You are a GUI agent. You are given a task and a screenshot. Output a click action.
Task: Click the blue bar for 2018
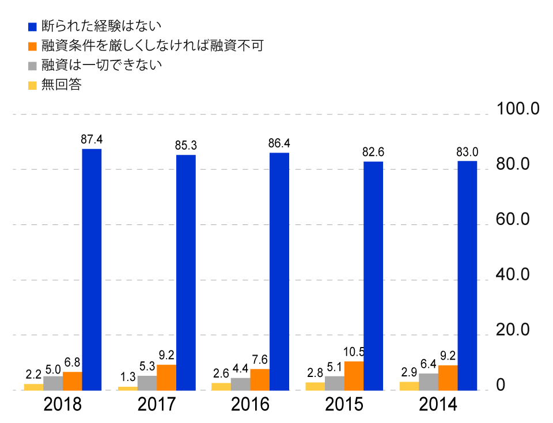pyautogui.click(x=92, y=269)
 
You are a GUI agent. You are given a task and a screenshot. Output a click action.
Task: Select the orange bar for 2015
pyautogui.click(x=354, y=376)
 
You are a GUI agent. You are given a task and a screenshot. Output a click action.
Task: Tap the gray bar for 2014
pyautogui.click(x=429, y=382)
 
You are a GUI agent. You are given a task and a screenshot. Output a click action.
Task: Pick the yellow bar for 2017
pyautogui.click(x=128, y=388)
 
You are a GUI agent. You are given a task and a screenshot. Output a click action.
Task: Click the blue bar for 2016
pyautogui.click(x=279, y=271)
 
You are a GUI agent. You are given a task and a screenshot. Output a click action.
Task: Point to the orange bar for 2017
pyautogui.click(x=166, y=377)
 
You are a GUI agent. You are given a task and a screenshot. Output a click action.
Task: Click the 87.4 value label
pyautogui.click(x=92, y=139)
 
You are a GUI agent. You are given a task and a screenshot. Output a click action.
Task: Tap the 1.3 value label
pyautogui.click(x=128, y=377)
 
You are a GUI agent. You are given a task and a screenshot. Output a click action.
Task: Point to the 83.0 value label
pyautogui.click(x=467, y=152)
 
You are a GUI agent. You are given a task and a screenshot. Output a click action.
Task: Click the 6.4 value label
pyautogui.click(x=429, y=364)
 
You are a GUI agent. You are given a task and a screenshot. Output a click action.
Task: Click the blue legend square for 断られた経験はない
pyautogui.click(x=32, y=26)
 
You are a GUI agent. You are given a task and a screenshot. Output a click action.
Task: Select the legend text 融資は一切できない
pyautogui.click(x=101, y=65)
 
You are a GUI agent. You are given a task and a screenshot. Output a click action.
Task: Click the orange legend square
pyautogui.click(x=32, y=46)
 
